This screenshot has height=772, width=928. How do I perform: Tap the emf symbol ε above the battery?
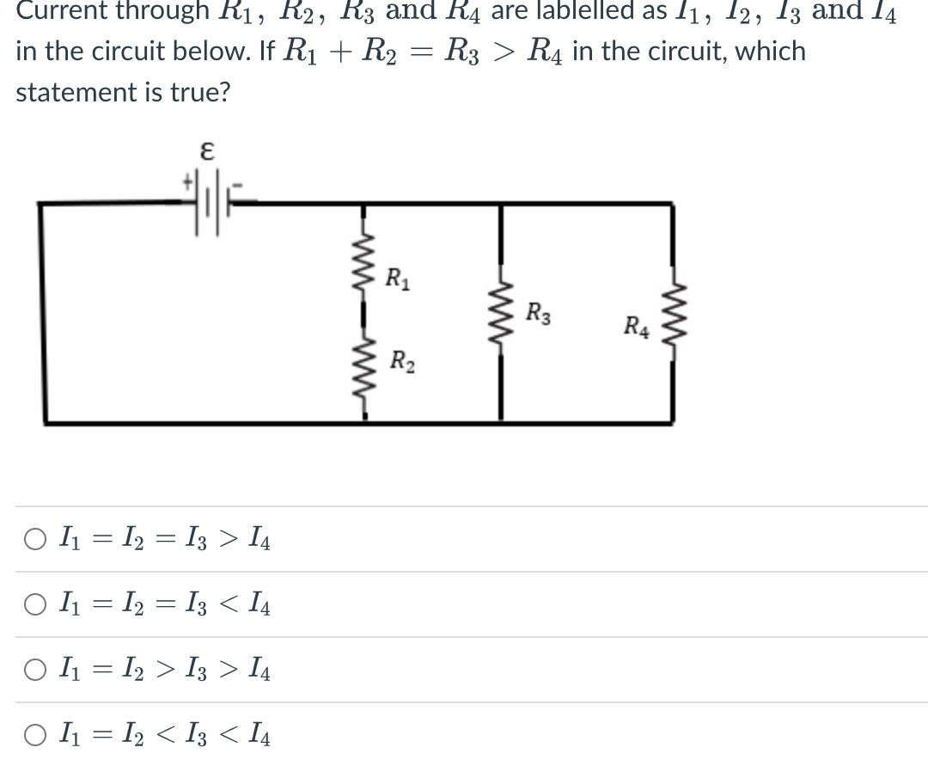point(206,151)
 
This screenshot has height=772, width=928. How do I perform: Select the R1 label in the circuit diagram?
point(397,279)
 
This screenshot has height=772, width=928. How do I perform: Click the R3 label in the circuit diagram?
point(539,311)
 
